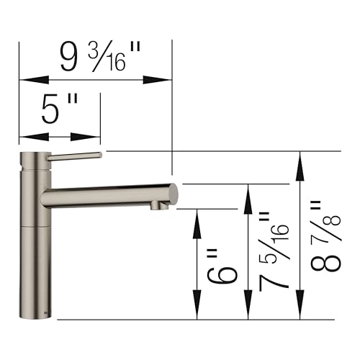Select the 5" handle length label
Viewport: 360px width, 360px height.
pos(60,112)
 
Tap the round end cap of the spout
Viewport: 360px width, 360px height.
pos(173,193)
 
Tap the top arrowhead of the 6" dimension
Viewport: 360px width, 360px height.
pos(197,219)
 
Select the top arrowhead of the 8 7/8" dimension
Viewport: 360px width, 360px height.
pos(298,162)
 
